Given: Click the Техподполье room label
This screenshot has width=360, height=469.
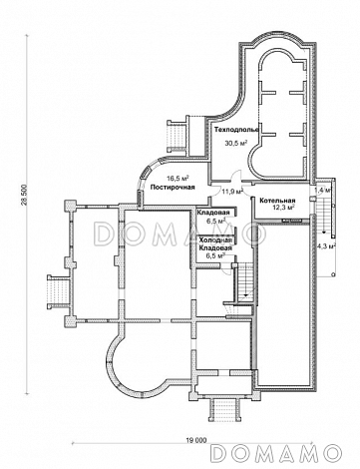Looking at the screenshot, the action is tap(236, 130).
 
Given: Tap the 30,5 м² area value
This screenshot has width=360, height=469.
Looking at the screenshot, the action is tap(237, 144).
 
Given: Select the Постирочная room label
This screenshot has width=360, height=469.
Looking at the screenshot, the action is tap(173, 188).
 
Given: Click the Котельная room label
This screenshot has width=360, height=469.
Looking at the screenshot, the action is tap(277, 201).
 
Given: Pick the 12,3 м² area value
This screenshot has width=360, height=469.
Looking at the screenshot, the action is tap(282, 208).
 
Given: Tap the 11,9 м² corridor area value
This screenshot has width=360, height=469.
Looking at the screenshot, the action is tap(232, 191).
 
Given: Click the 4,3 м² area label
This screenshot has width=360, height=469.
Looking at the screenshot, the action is tap(325, 246).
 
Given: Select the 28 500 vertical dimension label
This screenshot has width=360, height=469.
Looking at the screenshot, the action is tap(27, 195).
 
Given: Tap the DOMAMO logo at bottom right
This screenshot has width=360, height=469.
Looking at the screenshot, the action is tap(276, 453).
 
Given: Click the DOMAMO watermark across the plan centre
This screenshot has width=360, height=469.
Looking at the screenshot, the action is tap(180, 234).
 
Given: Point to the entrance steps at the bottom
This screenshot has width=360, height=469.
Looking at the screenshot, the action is tap(225, 410).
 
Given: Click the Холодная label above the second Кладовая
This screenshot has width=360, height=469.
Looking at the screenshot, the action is tap(215, 240).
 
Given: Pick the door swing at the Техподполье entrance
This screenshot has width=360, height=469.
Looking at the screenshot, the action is tap(237, 177).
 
